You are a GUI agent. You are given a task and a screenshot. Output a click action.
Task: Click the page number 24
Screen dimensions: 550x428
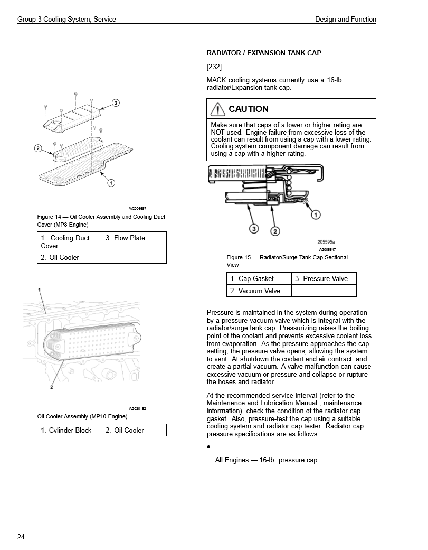pyautogui.click(x=21, y=537)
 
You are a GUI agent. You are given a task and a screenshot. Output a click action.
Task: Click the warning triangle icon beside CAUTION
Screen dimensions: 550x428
pyautogui.click(x=217, y=109)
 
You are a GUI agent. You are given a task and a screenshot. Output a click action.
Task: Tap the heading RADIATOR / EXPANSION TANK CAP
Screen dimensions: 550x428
pyautogui.click(x=264, y=53)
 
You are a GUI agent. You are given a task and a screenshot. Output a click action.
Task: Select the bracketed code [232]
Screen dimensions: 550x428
pyautogui.click(x=214, y=67)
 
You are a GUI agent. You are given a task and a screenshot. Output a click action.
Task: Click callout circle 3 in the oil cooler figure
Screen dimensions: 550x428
pyautogui.click(x=116, y=102)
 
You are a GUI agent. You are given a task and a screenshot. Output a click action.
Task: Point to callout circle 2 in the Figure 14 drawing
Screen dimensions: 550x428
pyautogui.click(x=38, y=148)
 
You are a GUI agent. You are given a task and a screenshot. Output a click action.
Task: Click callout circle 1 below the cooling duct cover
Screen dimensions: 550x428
pyautogui.click(x=111, y=183)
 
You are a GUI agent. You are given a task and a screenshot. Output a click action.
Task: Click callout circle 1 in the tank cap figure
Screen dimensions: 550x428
pyautogui.click(x=316, y=215)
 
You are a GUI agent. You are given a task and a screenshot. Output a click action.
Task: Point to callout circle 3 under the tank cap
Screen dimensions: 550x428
pyautogui.click(x=254, y=229)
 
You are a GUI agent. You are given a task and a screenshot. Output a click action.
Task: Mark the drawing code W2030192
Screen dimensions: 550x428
pyautogui.click(x=137, y=409)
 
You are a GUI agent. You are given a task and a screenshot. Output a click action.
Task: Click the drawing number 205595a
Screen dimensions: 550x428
pyautogui.click(x=326, y=243)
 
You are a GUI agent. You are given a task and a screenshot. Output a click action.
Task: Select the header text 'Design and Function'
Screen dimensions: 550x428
pyautogui.click(x=346, y=20)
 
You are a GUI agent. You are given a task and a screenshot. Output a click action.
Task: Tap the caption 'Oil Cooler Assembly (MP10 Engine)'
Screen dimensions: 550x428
pyautogui.click(x=82, y=416)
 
